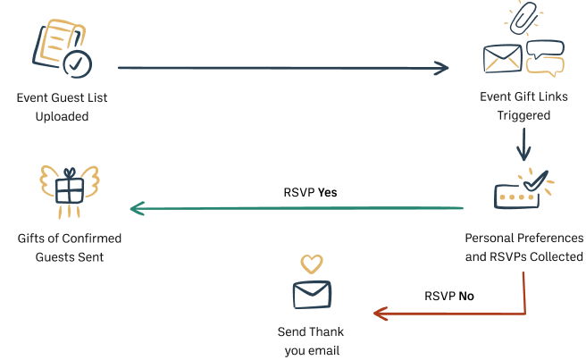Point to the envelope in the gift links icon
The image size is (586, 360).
click(502, 57)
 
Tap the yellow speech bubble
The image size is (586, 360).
click(546, 65)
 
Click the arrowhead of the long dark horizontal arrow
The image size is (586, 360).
click(442, 68)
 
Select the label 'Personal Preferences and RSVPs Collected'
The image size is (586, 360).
click(523, 248)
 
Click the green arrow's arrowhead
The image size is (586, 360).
click(137, 209)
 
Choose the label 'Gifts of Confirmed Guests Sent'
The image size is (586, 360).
click(70, 248)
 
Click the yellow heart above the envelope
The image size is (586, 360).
click(311, 264)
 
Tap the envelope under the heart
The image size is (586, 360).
click(312, 293)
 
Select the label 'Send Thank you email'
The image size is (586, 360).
click(312, 340)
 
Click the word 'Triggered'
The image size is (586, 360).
click(522, 116)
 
